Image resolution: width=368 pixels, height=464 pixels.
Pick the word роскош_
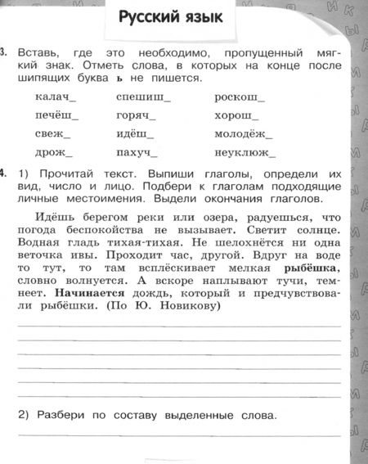click(x=237, y=97)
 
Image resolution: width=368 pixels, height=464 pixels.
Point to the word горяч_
click(x=137, y=115)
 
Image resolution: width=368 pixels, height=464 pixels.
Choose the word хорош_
click(x=236, y=115)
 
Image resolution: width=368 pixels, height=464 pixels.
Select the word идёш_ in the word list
click(x=136, y=133)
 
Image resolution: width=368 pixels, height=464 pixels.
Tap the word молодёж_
click(x=244, y=133)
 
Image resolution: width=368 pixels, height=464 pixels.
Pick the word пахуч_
click(x=137, y=151)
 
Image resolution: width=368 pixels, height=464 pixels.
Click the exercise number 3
click(x=4, y=53)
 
